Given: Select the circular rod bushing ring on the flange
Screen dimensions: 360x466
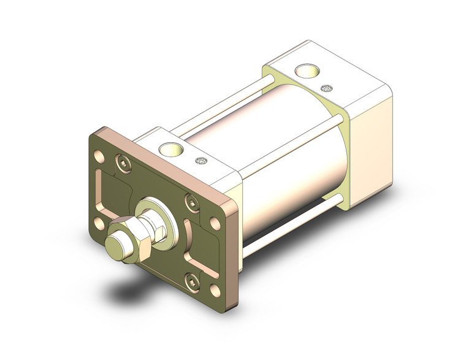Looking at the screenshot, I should click(x=154, y=209).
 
